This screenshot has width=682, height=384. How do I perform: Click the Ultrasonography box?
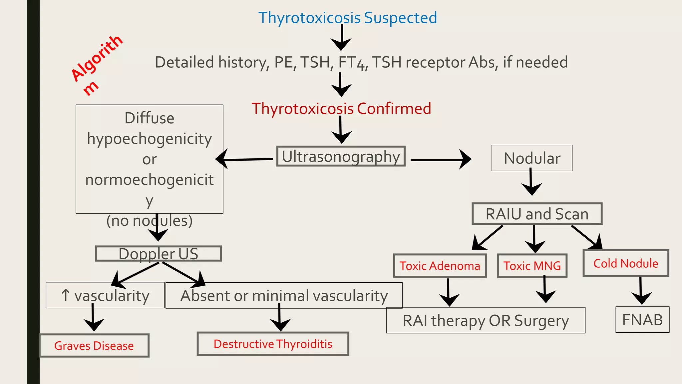click(x=341, y=156)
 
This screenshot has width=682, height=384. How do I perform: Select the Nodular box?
click(x=532, y=158)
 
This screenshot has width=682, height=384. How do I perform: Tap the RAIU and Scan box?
click(x=537, y=214)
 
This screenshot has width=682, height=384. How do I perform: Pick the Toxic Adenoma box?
click(x=440, y=266)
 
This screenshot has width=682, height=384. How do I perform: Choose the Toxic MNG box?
click(x=532, y=266)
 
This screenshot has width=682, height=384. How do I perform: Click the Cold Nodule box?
click(x=626, y=263)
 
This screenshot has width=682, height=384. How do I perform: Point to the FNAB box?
click(x=642, y=320)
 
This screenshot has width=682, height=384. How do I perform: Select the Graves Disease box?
click(x=94, y=346)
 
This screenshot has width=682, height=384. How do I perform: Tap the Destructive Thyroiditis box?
click(x=273, y=344)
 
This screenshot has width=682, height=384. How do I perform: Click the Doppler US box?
click(x=158, y=254)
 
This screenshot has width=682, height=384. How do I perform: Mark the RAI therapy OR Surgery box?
click(x=486, y=320)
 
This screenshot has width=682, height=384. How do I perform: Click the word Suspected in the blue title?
click(x=400, y=18)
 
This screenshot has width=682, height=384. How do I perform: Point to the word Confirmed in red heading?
click(x=394, y=109)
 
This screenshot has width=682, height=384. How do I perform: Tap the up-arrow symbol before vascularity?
click(x=66, y=295)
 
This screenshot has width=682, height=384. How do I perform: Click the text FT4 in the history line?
click(x=352, y=63)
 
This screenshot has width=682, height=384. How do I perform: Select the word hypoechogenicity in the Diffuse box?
click(x=149, y=139)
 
